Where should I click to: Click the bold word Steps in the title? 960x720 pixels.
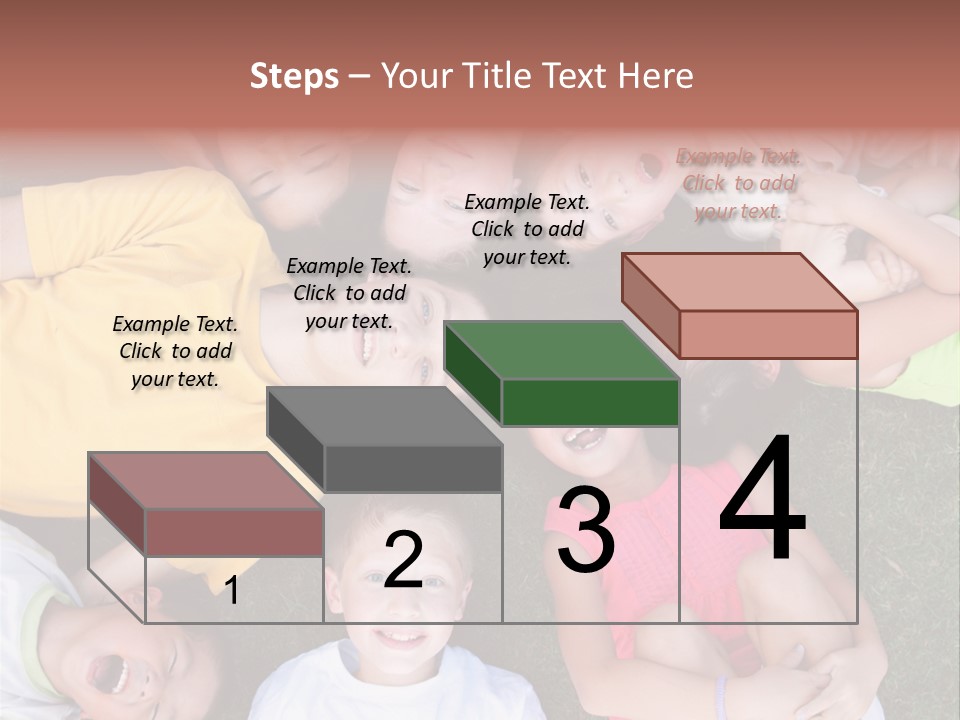[293, 76]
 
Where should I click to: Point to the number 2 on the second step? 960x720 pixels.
[403, 560]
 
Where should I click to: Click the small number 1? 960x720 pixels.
[232, 590]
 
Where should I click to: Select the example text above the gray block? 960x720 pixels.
[349, 293]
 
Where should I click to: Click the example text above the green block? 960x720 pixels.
[527, 229]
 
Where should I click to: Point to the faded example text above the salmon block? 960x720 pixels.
[738, 183]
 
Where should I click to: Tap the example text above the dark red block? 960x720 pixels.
[175, 351]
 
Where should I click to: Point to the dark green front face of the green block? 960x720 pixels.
[590, 402]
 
